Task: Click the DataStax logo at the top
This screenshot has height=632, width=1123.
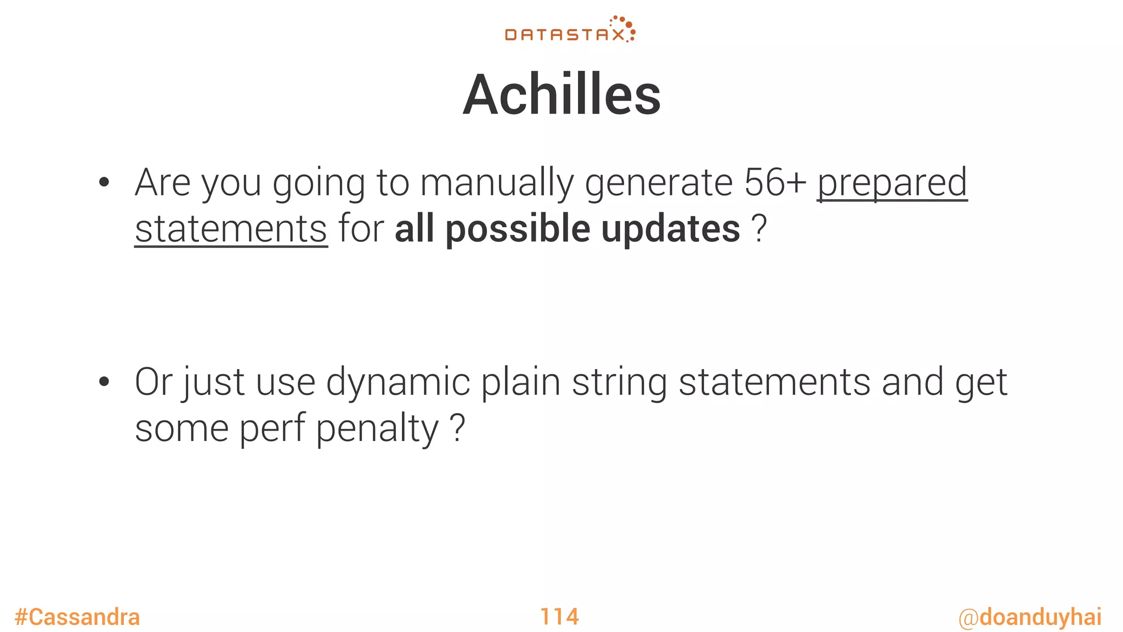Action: point(570,30)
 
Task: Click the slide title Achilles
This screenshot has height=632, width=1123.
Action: point(561,95)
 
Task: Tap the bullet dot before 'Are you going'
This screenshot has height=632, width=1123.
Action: point(104,183)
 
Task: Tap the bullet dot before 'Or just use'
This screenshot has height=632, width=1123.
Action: point(104,382)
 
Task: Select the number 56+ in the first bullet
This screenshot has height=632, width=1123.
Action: point(775,183)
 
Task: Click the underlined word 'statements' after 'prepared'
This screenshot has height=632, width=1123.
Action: point(231,229)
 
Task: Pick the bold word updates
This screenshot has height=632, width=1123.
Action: point(671,229)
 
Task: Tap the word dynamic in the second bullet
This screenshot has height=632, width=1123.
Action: point(398,383)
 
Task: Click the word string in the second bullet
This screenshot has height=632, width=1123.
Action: point(619,383)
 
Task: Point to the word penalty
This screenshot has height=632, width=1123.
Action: point(377,429)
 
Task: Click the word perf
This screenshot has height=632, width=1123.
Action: point(272,429)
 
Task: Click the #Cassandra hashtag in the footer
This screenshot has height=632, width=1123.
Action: point(77,617)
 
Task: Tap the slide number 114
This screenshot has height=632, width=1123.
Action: point(559,617)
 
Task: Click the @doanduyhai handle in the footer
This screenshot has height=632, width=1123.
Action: point(1030,617)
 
